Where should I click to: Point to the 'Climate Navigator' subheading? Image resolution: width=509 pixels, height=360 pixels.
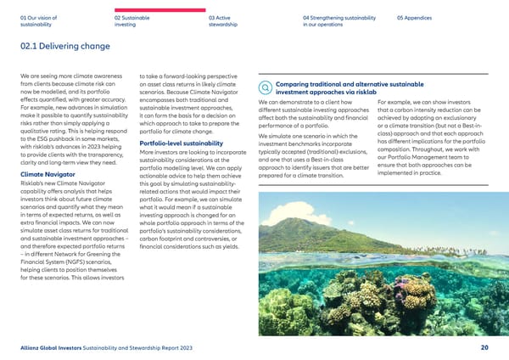(x=46, y=176)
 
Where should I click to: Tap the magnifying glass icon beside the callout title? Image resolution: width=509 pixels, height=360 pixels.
(x=267, y=86)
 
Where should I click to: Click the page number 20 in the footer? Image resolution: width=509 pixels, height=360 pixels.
(x=484, y=346)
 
